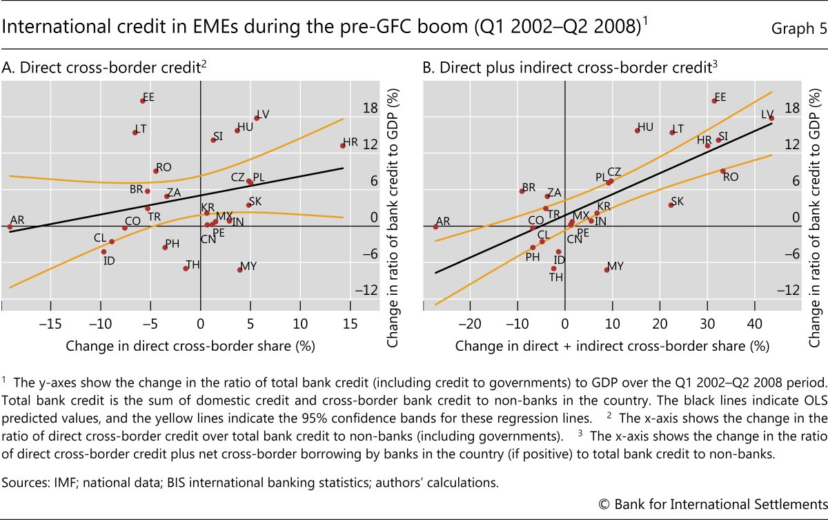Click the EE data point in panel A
[x=143, y=101]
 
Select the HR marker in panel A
[x=342, y=145]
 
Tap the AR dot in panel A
[x=10, y=227]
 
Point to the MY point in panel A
[x=240, y=269]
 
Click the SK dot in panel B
[x=671, y=204]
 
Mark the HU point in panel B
[x=637, y=130]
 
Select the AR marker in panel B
[x=435, y=227]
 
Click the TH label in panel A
[x=193, y=264]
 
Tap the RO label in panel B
[x=731, y=177]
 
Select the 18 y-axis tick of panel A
[x=370, y=108]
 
